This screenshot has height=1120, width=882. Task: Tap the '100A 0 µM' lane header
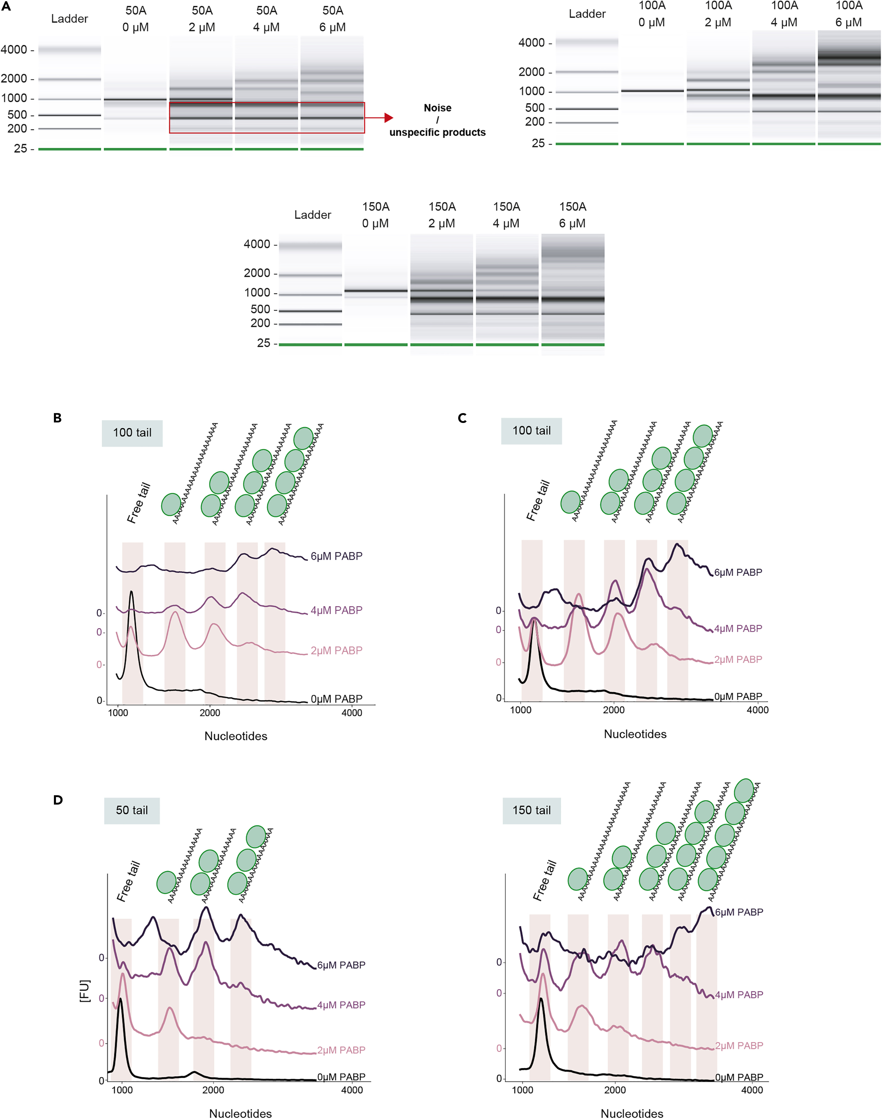(652, 14)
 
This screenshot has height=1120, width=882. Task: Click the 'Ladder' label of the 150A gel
(313, 215)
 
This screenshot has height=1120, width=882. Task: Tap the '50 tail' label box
(132, 810)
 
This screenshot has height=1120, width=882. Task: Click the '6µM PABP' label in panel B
(336, 556)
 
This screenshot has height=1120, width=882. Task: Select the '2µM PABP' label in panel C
(738, 659)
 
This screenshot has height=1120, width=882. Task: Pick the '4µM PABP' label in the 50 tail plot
(341, 1005)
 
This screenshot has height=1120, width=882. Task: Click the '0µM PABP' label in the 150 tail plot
(739, 1077)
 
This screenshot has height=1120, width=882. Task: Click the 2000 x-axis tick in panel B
(210, 713)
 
